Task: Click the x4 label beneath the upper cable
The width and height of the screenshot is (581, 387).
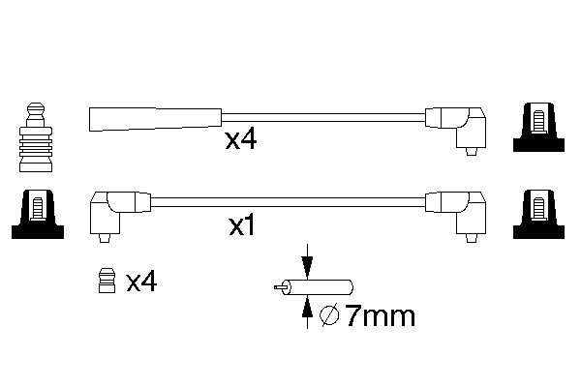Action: [240, 141]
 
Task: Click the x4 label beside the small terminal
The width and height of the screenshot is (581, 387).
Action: [141, 282]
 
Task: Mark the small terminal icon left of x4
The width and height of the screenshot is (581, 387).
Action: [107, 282]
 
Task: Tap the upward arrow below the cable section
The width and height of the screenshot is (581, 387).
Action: [307, 309]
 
